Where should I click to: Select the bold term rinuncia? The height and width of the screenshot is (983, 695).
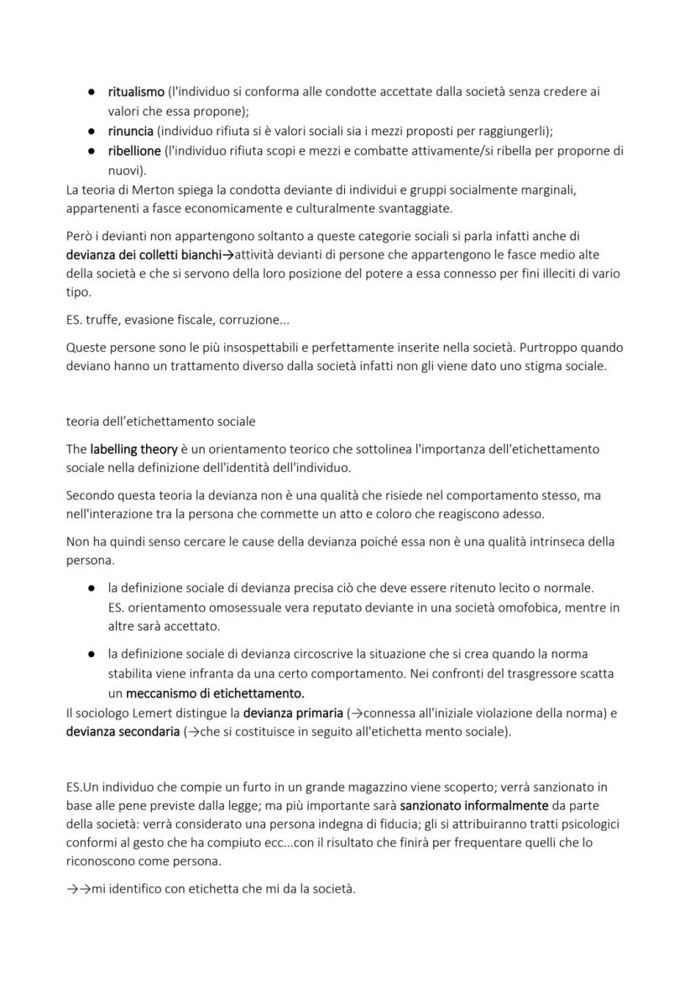point(130,132)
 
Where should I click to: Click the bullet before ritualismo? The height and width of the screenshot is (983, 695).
point(90,92)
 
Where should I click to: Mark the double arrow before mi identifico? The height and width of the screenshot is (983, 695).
point(79,888)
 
